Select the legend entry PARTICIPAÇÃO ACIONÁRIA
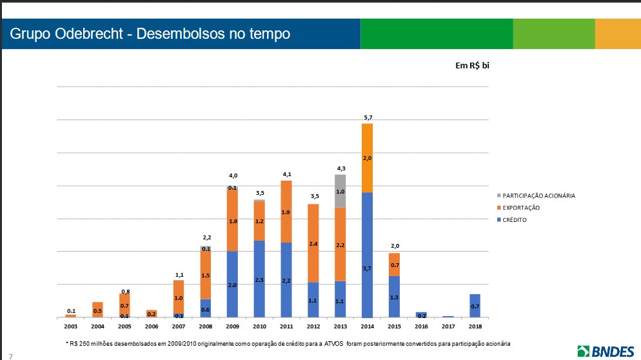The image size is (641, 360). pos(538,195)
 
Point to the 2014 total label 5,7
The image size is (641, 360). pos(367,117)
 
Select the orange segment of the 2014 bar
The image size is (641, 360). pos(367,158)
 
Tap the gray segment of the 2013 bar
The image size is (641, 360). pos(340,191)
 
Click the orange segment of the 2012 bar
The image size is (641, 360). pos(313,243)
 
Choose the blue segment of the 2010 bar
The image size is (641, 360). pos(259,279)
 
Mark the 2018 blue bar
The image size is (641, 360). pos(475,306)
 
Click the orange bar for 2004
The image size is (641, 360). pos(97,310)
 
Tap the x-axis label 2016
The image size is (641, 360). pos(421,327)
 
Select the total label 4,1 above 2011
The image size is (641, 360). pos(286,175)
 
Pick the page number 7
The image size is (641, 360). pos(10,355)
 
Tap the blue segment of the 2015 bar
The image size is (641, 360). pos(394,297)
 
